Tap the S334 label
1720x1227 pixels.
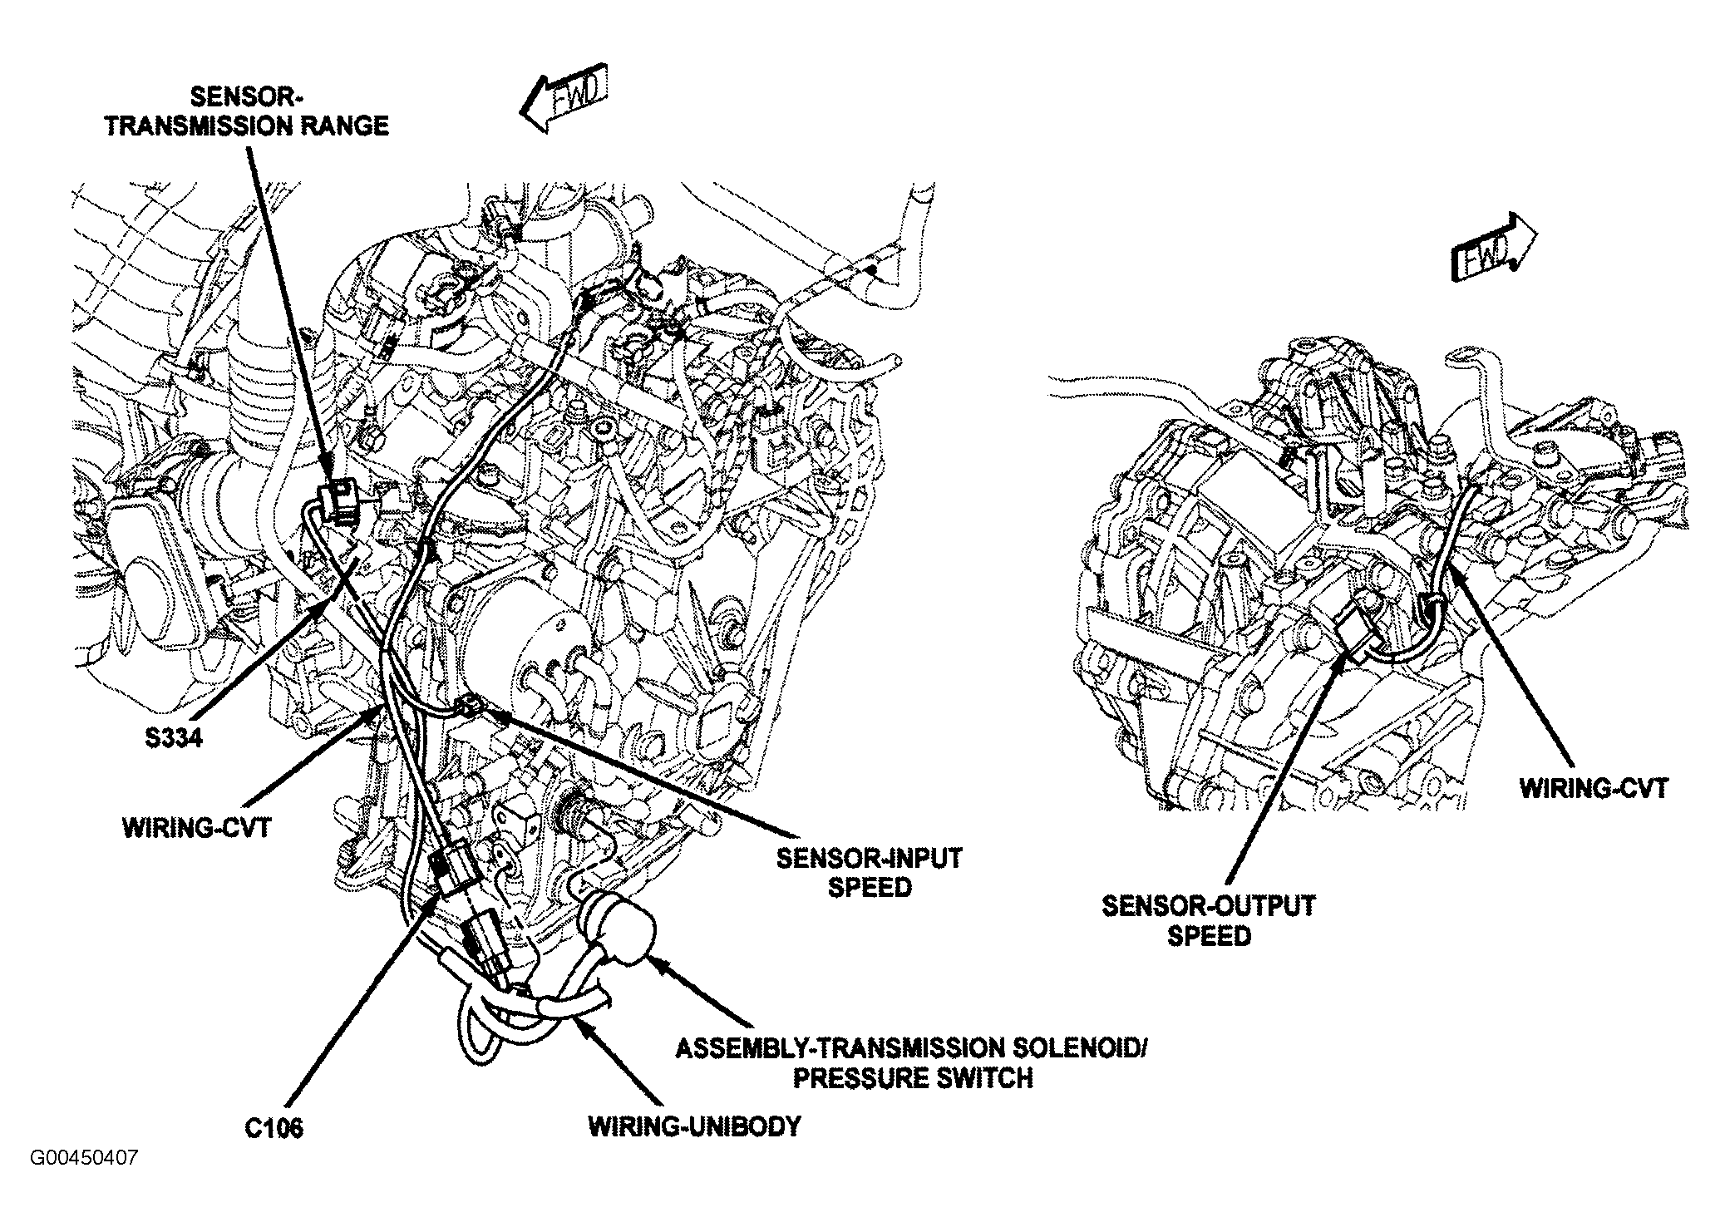(x=170, y=737)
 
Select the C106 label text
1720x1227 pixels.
(x=274, y=1128)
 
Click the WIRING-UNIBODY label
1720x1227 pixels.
(x=694, y=1126)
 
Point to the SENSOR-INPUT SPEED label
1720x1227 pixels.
(x=869, y=872)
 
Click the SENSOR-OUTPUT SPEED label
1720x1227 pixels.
(x=1209, y=920)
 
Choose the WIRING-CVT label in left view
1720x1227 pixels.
(x=196, y=829)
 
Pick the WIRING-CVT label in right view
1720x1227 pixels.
(x=1594, y=788)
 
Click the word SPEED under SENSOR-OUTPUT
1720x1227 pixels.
(x=1209, y=936)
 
